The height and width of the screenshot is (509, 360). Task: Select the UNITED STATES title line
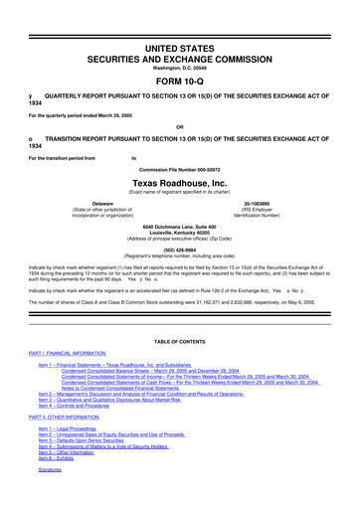coord(179,20)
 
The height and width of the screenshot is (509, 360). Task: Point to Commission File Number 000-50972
coord(179,167)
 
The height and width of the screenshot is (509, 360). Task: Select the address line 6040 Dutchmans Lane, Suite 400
coord(179,228)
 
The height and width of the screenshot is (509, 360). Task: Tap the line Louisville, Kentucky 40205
coord(179,234)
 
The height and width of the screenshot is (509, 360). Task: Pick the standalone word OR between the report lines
coord(179,126)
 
